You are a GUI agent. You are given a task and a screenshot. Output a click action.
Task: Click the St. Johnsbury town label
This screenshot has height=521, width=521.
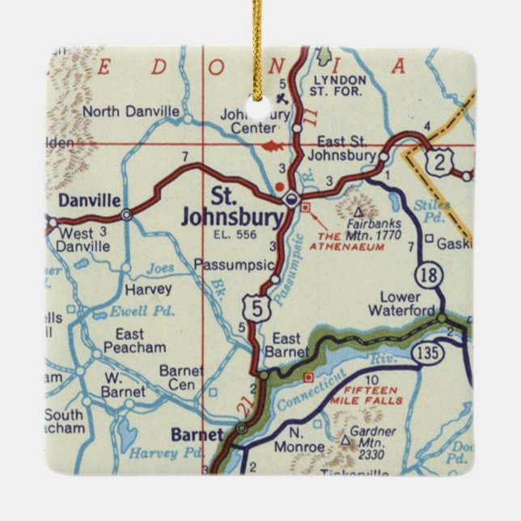point(232,207)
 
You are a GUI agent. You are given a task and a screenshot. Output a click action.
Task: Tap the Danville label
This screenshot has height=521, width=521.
point(89,200)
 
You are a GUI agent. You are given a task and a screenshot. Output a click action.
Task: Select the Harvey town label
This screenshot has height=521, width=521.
point(148,289)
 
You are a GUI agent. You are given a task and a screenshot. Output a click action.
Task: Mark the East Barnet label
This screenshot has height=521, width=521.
point(290,345)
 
